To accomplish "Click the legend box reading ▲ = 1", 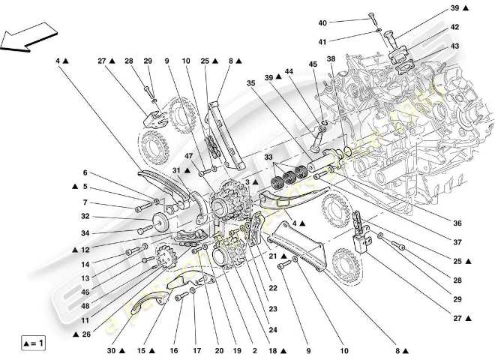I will pos(31,343).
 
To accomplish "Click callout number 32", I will pos(85,216).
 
